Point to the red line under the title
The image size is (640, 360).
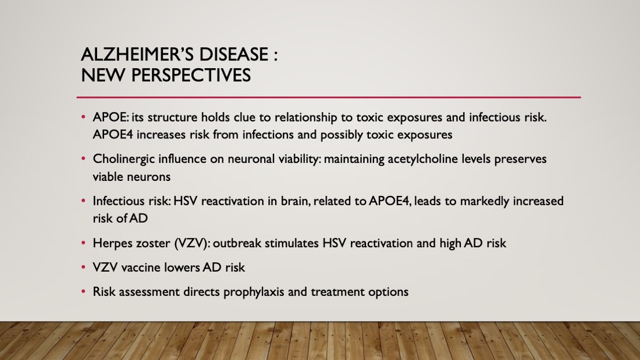coord(329,98)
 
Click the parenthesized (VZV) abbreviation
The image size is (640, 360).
coord(192,244)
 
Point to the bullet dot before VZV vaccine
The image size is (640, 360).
coord(83,268)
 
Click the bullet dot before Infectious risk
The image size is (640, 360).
coord(83,201)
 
